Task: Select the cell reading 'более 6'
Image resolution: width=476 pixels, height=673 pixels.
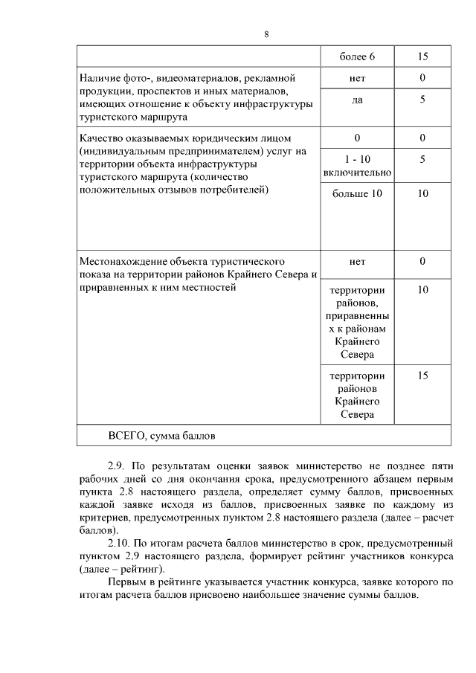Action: (x=357, y=57)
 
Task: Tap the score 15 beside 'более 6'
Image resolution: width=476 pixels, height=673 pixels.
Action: (x=422, y=57)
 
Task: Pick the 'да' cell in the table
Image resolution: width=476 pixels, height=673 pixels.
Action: (x=357, y=100)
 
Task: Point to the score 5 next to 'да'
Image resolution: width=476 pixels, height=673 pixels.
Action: (x=422, y=100)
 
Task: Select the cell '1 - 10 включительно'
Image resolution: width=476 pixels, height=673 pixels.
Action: (x=357, y=166)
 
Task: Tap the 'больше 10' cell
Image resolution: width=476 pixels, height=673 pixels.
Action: (x=357, y=194)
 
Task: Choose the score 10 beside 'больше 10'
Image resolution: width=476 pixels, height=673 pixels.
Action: (x=422, y=194)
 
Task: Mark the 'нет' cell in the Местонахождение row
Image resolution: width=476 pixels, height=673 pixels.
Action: (x=357, y=262)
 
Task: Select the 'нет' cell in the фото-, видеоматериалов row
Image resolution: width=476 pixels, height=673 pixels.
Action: (x=357, y=78)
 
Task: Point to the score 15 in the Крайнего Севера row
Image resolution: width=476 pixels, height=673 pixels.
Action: (x=422, y=376)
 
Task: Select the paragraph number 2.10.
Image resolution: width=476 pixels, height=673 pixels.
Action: (x=120, y=544)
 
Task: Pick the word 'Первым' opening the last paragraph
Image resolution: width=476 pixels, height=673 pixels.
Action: (x=126, y=582)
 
